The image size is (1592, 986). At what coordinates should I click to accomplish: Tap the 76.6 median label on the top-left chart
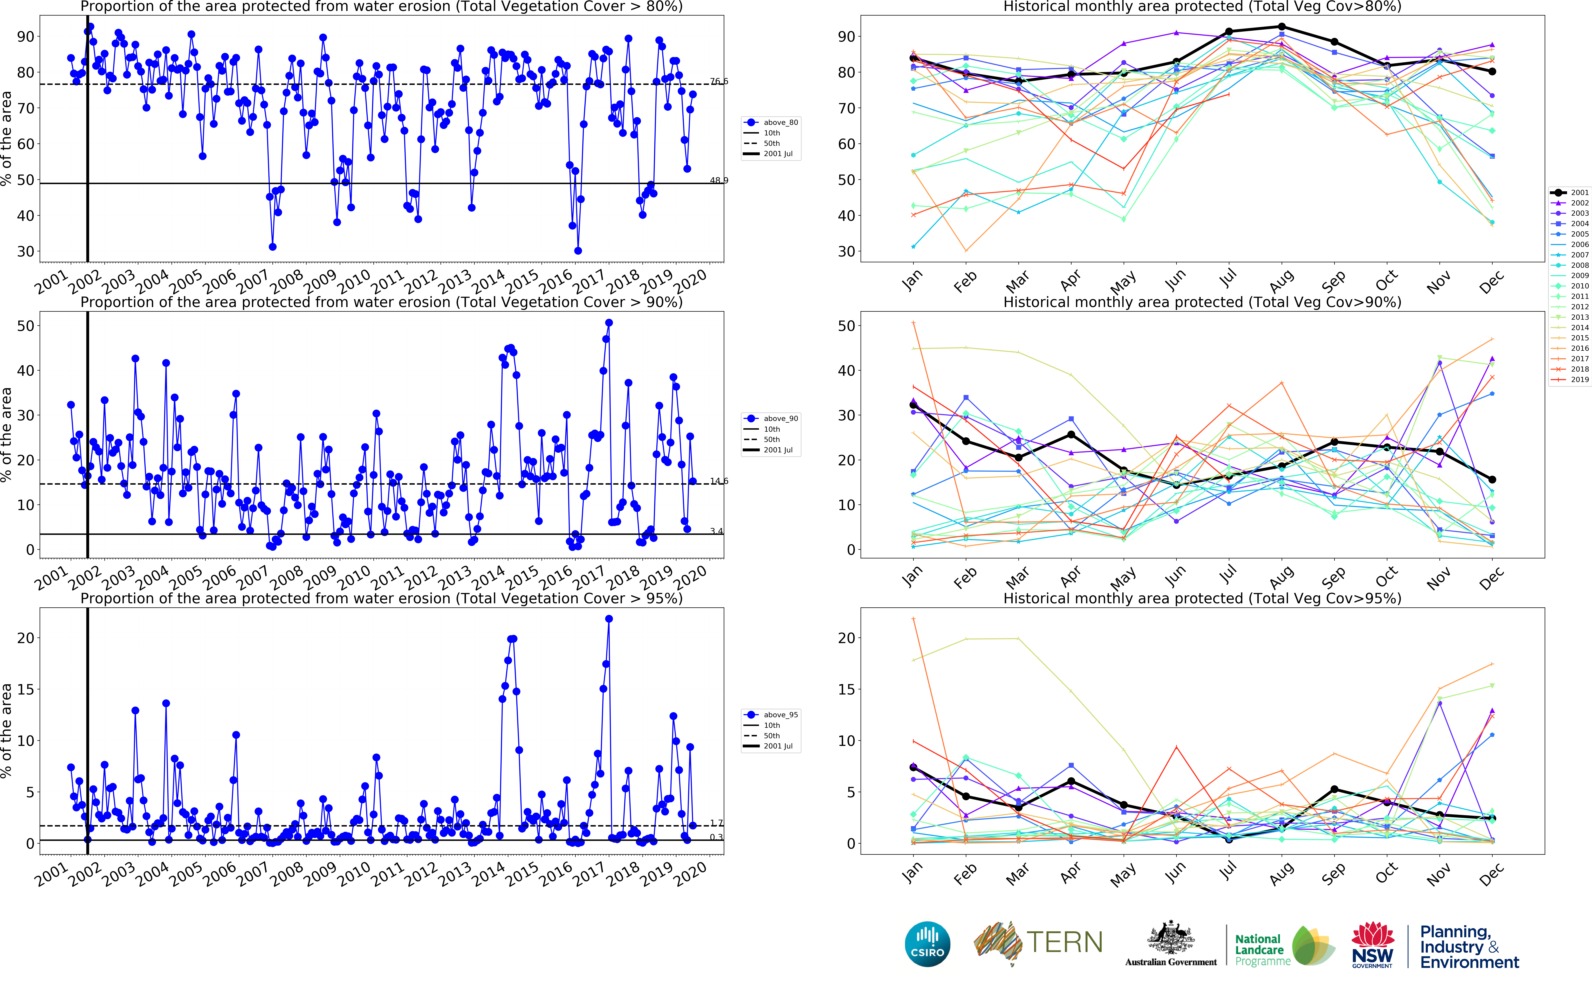(x=719, y=81)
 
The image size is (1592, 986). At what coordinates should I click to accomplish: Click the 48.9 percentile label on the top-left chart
(x=719, y=181)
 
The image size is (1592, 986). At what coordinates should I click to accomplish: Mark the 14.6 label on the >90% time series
(x=719, y=481)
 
